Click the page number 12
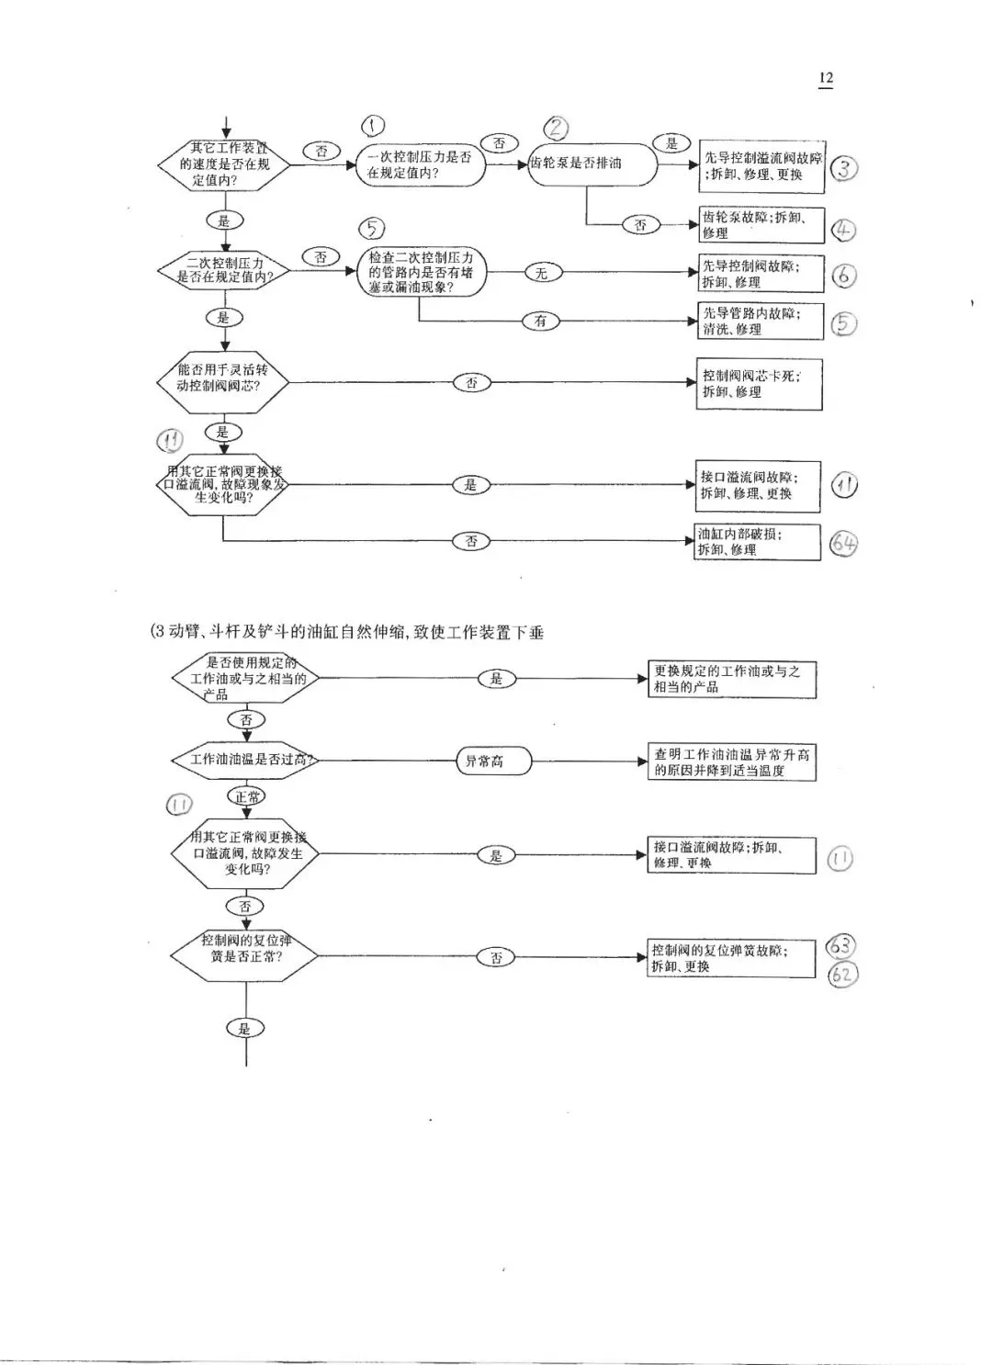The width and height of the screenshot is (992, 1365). pos(826,78)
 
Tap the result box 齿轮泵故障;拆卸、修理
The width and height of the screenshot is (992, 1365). pos(761,225)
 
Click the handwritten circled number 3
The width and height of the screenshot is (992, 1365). pos(843,169)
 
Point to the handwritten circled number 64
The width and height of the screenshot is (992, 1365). pos(843,543)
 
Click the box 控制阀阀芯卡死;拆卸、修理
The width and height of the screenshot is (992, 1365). pos(759,384)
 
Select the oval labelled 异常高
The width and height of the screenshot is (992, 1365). pos(493,761)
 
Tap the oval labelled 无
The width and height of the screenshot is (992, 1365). pos(541,273)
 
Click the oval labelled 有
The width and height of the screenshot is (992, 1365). pos(540,321)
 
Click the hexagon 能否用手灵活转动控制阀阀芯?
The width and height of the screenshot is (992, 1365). pos(222,377)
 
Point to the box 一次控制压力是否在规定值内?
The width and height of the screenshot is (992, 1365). pos(420,164)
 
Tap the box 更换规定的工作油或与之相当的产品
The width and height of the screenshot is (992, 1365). pos(732,679)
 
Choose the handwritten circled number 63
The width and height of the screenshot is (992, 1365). pos(840,945)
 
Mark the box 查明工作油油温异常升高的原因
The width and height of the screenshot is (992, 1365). pos(732,762)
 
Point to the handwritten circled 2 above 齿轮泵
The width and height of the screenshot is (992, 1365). pos(557,128)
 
